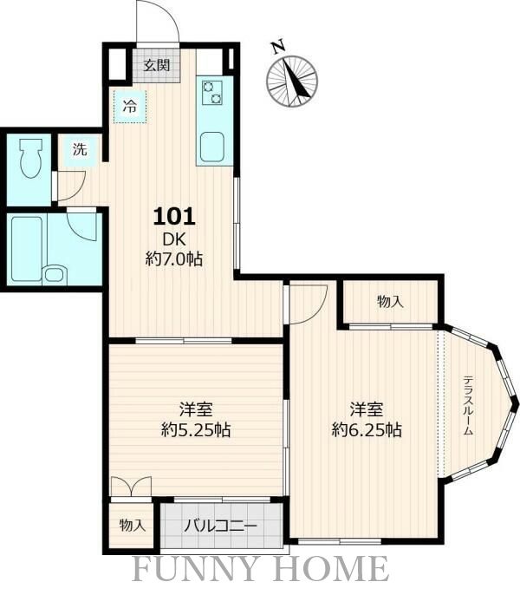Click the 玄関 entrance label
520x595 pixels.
coord(156,66)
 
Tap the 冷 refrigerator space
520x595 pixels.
coord(130,107)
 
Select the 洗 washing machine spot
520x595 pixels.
coord(80,149)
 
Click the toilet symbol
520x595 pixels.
coord(30,158)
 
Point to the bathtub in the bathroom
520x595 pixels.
coord(27,249)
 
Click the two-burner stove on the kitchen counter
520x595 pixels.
coord(211,92)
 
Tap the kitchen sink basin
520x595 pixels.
coord(212,147)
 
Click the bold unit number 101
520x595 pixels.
coord(174,217)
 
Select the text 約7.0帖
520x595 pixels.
coord(174,259)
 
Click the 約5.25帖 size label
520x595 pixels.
coord(196,430)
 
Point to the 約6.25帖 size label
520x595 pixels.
coord(367,430)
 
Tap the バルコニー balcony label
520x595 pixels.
coord(221,526)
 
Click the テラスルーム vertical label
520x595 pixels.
coord(469,405)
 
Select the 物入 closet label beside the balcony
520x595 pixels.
coord(133,526)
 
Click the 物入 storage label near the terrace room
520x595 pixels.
coord(390,302)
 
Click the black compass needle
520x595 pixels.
coord(297,80)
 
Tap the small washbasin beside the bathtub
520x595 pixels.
coord(55,274)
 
